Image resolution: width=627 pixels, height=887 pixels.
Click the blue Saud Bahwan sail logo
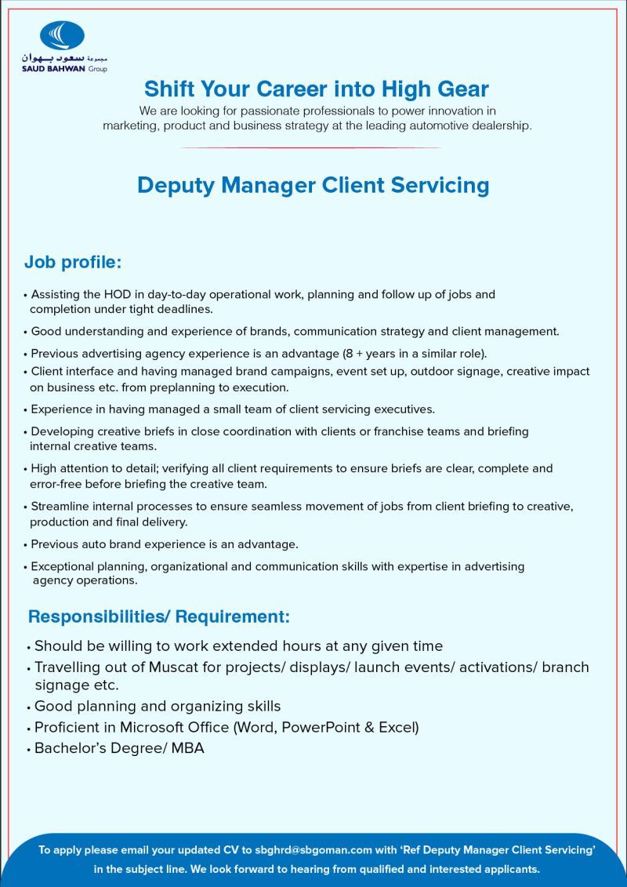click(x=63, y=35)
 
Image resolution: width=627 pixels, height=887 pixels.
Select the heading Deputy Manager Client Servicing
click(x=313, y=185)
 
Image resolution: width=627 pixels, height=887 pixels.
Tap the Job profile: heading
click(x=73, y=261)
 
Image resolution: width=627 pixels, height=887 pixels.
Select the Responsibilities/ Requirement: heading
click(x=159, y=616)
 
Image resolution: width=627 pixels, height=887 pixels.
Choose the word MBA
click(x=188, y=748)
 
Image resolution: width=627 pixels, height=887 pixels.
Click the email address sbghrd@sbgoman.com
click(x=313, y=849)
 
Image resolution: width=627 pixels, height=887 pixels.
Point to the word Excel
click(x=397, y=727)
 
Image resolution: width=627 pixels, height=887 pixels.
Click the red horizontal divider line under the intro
click(x=310, y=147)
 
